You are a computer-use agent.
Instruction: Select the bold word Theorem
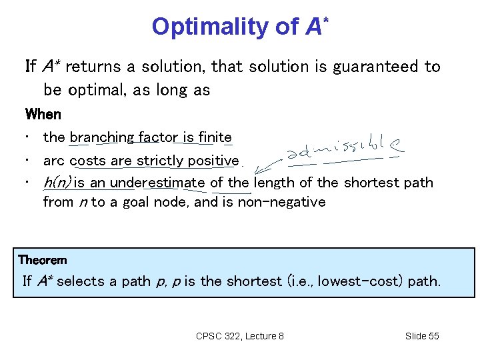coord(43,259)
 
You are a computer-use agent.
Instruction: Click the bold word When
coord(43,114)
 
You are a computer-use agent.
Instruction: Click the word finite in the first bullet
coord(215,137)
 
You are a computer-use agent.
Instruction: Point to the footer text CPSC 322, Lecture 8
coord(240,336)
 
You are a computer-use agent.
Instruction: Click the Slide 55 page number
coord(422,336)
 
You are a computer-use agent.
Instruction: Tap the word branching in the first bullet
coord(102,137)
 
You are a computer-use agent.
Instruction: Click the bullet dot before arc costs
coord(27,161)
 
